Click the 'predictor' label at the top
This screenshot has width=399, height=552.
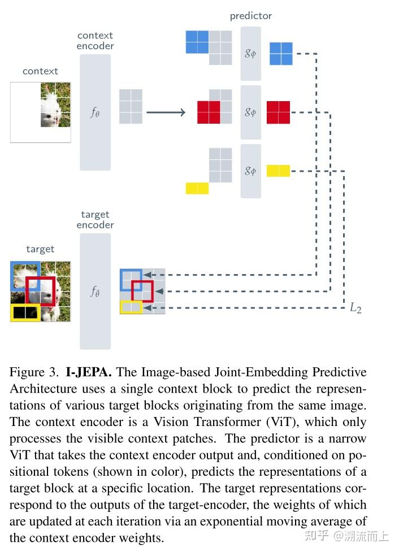(250, 16)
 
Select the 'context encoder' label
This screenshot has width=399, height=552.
(95, 41)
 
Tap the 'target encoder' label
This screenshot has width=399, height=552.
(95, 220)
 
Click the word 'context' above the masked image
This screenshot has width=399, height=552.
(40, 71)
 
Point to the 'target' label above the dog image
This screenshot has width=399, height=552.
(40, 249)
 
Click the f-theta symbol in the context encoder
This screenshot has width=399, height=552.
(95, 112)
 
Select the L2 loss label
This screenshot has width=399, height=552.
(355, 308)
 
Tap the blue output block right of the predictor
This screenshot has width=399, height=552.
(281, 54)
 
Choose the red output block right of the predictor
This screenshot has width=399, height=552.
(278, 112)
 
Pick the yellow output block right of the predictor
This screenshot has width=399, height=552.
(278, 171)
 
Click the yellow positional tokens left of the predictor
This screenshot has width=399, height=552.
(197, 188)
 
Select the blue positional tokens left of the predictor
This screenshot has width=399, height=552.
(197, 42)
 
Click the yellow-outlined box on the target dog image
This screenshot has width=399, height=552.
(25, 312)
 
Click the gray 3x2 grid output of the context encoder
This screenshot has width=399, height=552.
(131, 106)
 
